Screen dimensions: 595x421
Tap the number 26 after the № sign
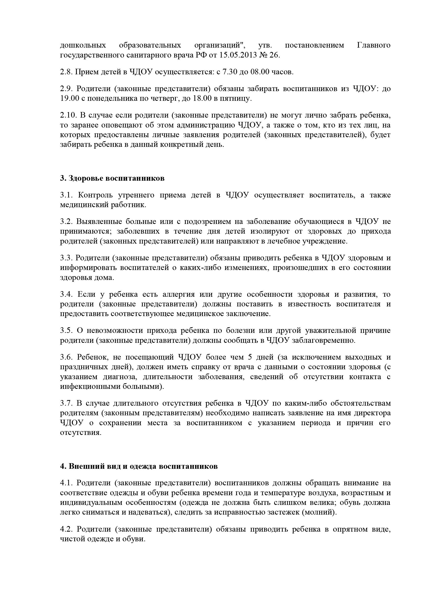(x=274, y=55)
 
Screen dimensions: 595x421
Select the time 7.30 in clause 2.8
(x=228, y=72)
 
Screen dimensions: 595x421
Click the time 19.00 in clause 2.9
(x=68, y=99)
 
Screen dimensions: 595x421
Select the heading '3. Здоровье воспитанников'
(x=112, y=179)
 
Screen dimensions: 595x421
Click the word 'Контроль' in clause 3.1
(x=96, y=195)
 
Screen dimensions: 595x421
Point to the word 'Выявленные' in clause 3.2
(x=99, y=222)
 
